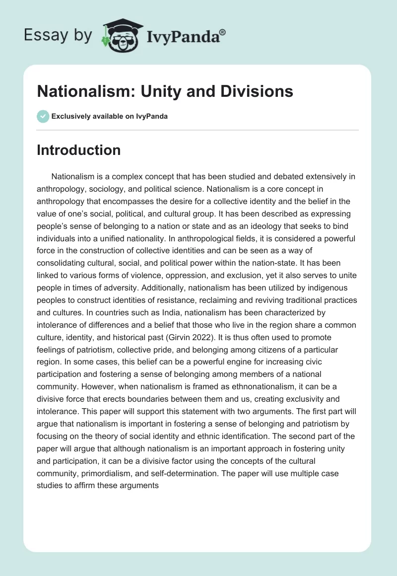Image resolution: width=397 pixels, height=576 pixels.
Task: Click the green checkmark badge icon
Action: click(x=43, y=116)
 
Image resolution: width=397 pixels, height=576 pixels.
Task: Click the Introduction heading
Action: click(x=78, y=150)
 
